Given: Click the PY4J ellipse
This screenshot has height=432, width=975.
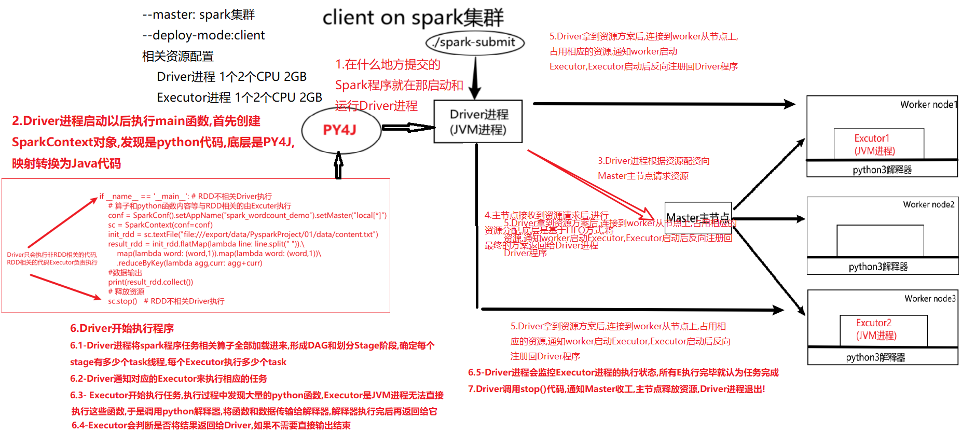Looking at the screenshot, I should (x=340, y=130).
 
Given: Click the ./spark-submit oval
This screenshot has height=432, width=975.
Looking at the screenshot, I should (x=475, y=43).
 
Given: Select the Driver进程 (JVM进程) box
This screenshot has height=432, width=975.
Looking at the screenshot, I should (x=478, y=122).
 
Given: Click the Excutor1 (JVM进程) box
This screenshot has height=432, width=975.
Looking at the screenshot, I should (x=878, y=144).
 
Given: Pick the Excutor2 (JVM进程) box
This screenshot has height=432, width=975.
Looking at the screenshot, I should (x=883, y=329).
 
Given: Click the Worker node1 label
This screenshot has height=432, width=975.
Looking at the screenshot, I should (x=928, y=105).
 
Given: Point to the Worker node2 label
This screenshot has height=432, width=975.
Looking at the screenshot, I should (x=928, y=205).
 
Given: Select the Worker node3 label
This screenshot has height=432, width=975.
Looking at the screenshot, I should (x=929, y=299).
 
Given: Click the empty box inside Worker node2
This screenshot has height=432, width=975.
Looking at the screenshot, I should (x=880, y=240).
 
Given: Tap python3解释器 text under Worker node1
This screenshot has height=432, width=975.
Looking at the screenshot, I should (x=882, y=170).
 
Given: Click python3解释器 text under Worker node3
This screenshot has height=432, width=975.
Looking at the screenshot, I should (x=875, y=358).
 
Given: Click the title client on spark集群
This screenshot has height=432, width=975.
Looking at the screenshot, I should (x=413, y=18).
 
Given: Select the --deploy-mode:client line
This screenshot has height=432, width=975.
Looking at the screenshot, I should (x=203, y=35).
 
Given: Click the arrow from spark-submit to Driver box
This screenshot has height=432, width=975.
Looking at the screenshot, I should (x=475, y=78).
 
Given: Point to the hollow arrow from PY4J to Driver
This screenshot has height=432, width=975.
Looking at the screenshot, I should (x=407, y=128).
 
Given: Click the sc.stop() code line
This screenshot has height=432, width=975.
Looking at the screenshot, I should (x=122, y=301).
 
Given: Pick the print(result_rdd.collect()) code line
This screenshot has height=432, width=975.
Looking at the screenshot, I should (x=150, y=282).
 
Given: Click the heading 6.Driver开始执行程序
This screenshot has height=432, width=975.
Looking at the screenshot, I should (x=122, y=328).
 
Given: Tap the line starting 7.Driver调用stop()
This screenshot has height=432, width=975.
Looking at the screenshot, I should (x=616, y=389).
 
